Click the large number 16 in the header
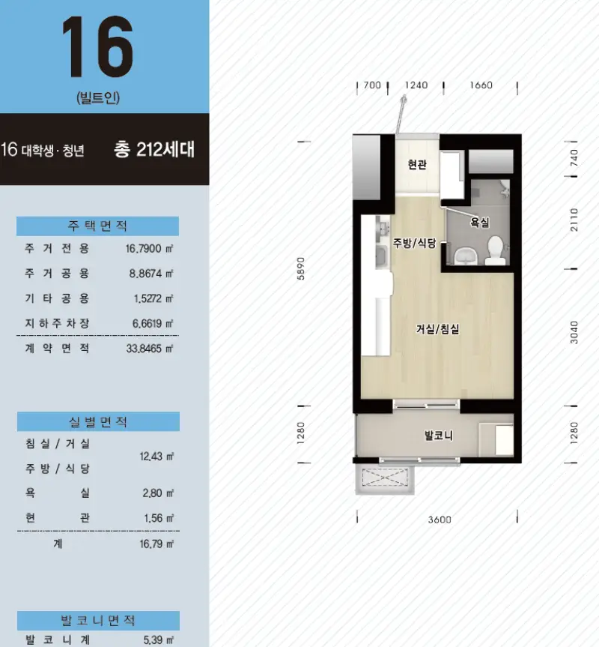tap(97, 46)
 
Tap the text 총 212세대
tap(154, 149)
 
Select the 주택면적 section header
tap(97, 226)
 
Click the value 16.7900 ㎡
tap(149, 248)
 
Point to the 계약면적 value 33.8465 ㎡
tap(150, 349)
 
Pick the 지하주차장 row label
tap(57, 324)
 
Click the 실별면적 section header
tap(98, 421)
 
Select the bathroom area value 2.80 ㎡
tap(158, 493)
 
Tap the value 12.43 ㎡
tap(156, 457)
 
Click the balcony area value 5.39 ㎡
tap(159, 640)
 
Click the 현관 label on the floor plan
tap(417, 165)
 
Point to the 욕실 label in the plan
tap(480, 223)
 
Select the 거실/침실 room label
tap(437, 329)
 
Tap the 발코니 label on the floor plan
tap(439, 436)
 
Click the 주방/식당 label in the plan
tap(415, 243)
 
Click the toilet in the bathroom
tap(495, 250)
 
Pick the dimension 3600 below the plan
tap(440, 520)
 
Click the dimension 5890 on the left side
tap(301, 268)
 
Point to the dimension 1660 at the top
tap(481, 85)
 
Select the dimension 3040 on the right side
tap(574, 332)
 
